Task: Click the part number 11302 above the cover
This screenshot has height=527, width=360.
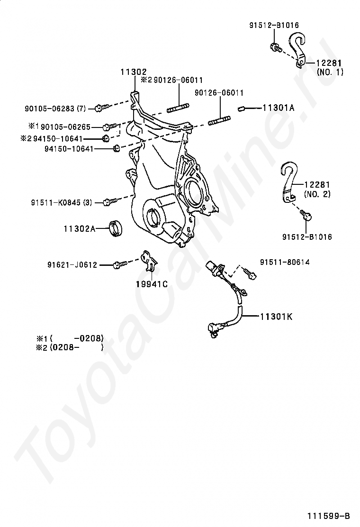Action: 133,72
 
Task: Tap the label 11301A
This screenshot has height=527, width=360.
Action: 278,108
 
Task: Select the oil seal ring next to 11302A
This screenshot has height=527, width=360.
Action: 116,227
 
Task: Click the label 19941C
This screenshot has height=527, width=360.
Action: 152,285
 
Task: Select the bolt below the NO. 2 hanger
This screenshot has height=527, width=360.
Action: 306,217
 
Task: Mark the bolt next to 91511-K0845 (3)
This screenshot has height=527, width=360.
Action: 107,202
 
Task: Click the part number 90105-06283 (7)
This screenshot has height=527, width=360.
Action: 55,109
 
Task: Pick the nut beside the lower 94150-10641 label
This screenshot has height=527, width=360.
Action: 116,149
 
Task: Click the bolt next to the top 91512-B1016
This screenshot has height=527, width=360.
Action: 275,47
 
